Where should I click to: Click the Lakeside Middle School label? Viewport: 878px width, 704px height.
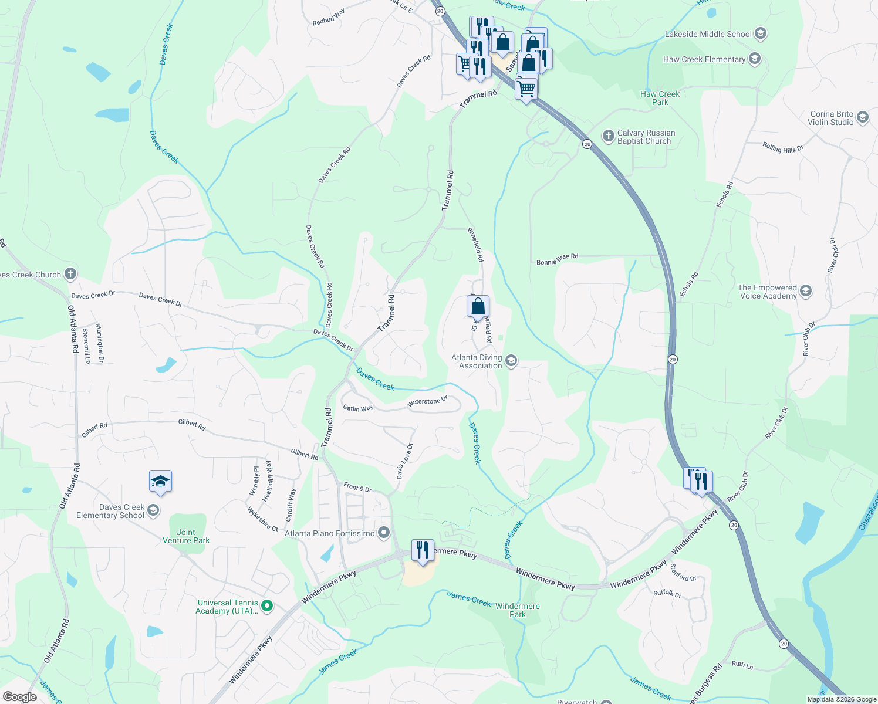click(708, 35)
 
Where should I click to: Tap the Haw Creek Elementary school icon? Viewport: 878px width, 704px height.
click(755, 59)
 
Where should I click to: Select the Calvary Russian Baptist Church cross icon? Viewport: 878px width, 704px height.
click(609, 136)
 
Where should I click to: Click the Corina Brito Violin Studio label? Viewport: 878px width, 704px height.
click(831, 119)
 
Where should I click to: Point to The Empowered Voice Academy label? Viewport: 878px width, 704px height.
click(767, 292)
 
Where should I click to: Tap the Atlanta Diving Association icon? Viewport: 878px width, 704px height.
click(511, 361)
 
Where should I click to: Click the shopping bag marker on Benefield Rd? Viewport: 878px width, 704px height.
click(478, 306)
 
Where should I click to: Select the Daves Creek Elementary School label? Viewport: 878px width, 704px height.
click(110, 511)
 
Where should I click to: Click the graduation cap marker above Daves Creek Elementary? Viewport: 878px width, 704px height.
click(160, 482)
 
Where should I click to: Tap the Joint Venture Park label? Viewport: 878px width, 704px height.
click(186, 536)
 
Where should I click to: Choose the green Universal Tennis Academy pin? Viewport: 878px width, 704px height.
click(267, 606)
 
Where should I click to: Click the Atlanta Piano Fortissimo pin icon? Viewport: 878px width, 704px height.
click(384, 533)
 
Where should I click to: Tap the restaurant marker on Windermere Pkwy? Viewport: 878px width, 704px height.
click(423, 550)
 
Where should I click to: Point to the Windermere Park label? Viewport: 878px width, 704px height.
click(518, 610)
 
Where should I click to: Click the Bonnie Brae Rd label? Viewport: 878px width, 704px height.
click(558, 259)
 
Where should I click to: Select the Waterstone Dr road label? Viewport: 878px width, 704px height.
click(427, 402)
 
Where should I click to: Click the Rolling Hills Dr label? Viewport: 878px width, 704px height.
click(783, 147)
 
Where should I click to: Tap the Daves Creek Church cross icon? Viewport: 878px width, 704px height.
click(70, 273)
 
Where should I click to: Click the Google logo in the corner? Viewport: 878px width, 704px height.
click(19, 697)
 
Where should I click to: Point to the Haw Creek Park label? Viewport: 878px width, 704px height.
click(660, 98)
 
